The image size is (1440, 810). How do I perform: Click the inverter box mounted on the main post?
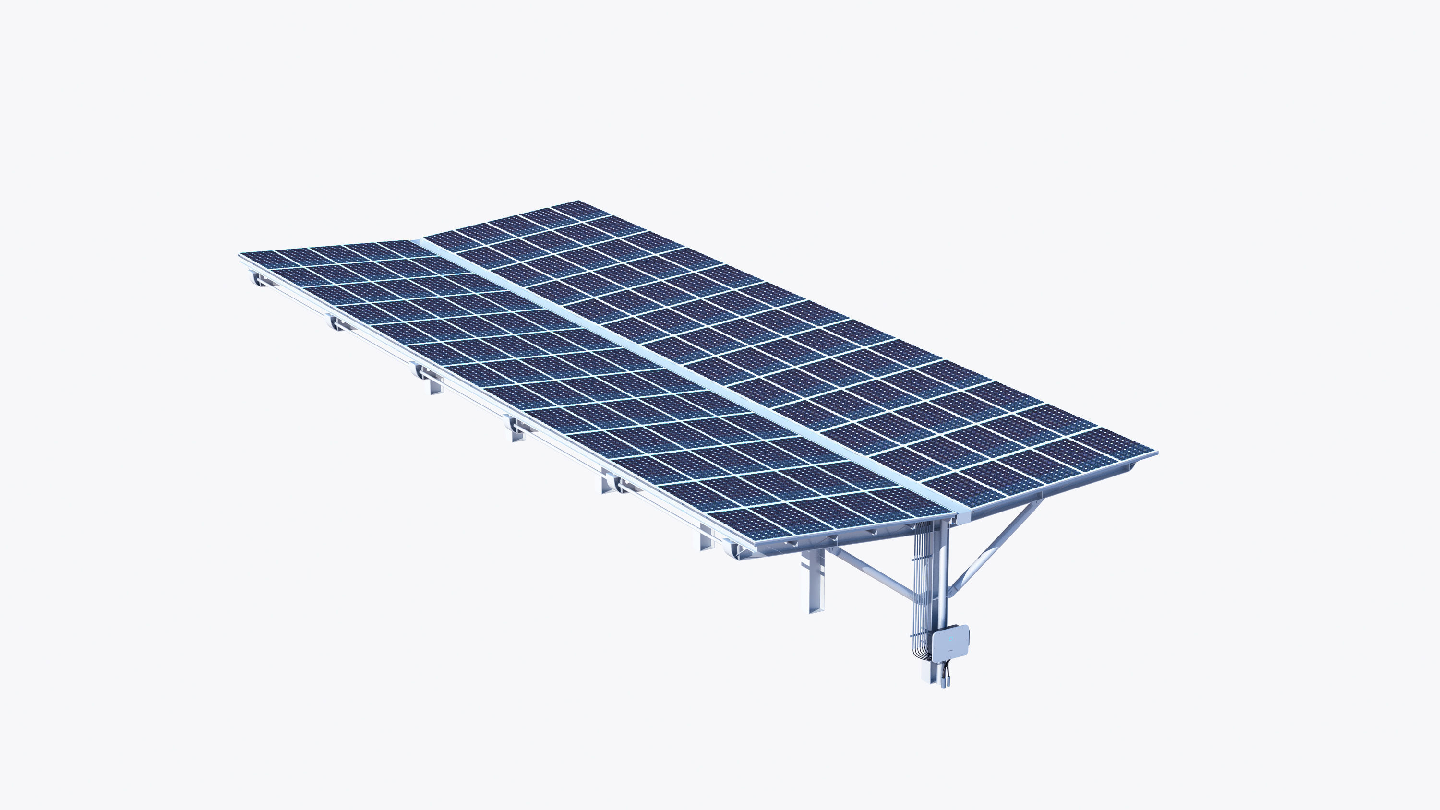[950, 643]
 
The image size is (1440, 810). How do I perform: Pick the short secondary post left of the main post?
[816, 582]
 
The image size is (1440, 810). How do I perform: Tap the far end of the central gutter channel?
[417, 242]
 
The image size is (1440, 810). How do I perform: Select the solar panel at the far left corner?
[263, 259]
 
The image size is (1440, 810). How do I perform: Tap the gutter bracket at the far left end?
[258, 278]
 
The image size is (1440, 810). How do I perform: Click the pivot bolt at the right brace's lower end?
[950, 592]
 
